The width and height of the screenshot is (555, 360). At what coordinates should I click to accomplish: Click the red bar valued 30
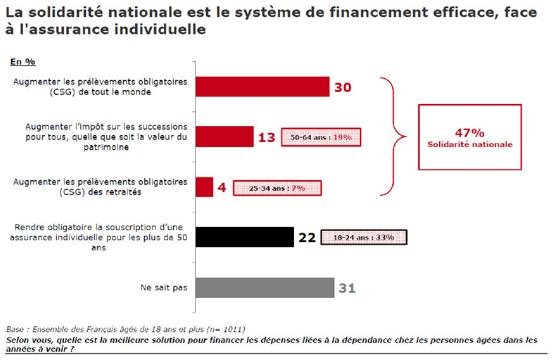pos(262,87)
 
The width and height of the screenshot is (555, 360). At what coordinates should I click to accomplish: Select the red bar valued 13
pos(224,136)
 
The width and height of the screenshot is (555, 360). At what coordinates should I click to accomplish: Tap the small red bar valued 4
pos(204,187)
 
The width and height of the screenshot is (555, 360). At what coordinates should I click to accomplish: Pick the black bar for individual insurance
pos(245,237)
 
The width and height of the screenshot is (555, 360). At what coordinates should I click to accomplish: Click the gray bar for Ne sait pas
pos(265,288)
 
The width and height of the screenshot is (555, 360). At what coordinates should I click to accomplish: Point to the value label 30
pos(343,87)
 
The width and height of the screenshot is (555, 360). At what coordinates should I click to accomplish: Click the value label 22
pos(307,238)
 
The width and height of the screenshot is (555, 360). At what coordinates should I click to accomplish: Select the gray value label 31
pos(347,288)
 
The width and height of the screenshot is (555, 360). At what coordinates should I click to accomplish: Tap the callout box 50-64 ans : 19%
pos(321,137)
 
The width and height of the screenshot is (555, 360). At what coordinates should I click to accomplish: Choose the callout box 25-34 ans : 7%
pos(277,188)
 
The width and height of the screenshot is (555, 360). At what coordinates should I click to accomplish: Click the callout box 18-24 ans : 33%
pos(364,238)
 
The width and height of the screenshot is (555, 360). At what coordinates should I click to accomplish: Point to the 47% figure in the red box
pos(469,132)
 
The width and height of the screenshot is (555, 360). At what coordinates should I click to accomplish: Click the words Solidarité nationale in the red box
pos(469,145)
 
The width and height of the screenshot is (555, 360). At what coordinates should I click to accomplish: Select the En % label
pos(23,61)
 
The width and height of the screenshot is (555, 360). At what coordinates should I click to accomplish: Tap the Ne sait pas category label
pos(164,288)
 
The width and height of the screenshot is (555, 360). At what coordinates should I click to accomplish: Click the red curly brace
pos(393,136)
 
